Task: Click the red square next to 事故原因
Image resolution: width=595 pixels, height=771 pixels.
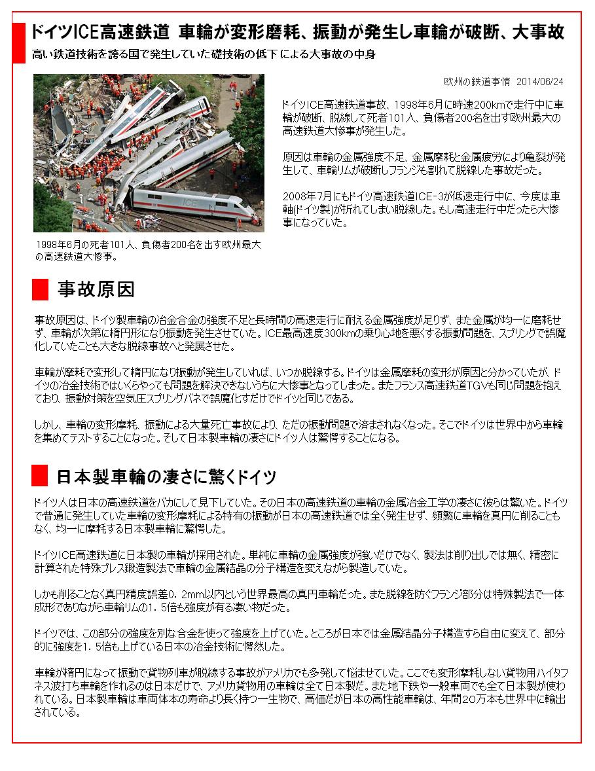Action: (40, 288)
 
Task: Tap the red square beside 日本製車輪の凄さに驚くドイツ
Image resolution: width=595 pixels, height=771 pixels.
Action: (40, 475)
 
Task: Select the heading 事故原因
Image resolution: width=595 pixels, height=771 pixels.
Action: (96, 289)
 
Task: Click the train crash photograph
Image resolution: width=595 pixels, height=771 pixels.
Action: (149, 152)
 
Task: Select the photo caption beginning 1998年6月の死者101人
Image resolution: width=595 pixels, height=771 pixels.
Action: (149, 250)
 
